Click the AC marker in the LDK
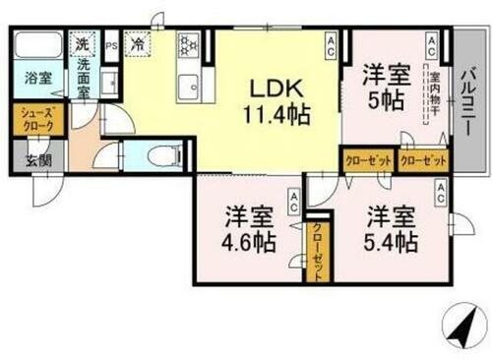tap(332, 42)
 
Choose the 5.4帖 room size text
tap(391, 241)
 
